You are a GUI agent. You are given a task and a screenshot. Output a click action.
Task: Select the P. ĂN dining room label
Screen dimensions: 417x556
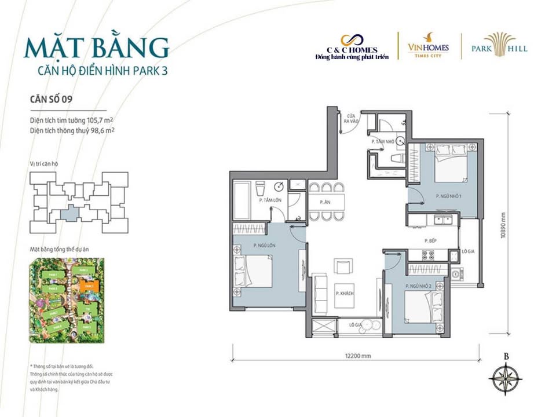(325, 202)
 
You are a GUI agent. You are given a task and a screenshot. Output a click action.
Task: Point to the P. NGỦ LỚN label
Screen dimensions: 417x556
(264, 246)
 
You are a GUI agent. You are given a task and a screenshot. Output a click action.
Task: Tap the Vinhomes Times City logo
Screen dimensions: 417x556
(429, 45)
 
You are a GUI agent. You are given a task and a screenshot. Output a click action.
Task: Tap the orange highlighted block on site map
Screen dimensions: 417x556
(90, 286)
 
